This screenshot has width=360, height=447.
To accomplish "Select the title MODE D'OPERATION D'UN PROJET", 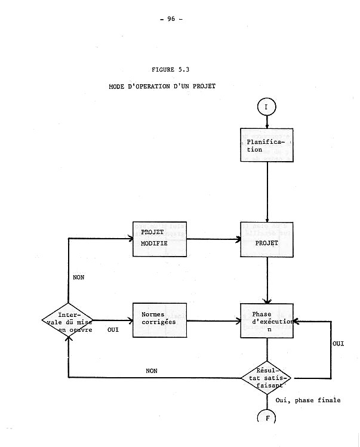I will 162,86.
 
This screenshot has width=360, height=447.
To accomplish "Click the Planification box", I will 267,145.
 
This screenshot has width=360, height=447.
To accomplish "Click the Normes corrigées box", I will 159,320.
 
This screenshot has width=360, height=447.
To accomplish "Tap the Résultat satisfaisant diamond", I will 268,377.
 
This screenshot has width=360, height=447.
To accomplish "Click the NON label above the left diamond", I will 78,278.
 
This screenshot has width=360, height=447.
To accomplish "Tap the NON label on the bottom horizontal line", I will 152,371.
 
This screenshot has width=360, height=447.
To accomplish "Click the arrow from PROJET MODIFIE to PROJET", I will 214,239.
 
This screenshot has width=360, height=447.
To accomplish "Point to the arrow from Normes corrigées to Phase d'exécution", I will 214,320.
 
